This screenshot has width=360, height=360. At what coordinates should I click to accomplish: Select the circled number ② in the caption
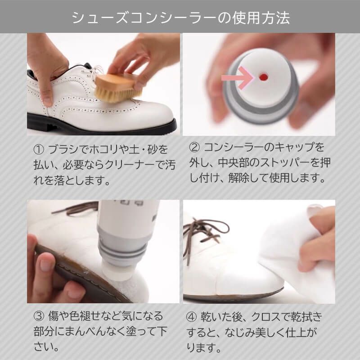pyautogui.click(x=194, y=147)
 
